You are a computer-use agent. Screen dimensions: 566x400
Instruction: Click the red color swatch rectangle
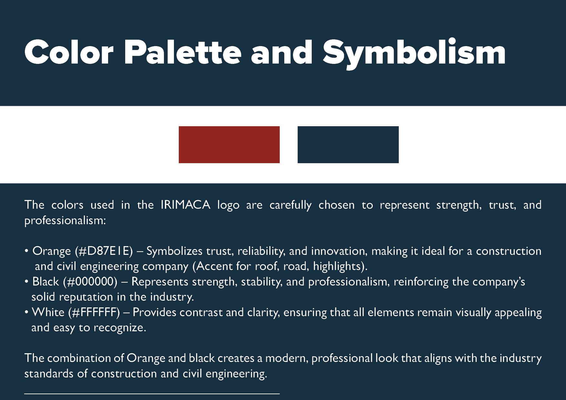pos(229,145)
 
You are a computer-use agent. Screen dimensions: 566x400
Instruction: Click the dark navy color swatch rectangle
pos(348,145)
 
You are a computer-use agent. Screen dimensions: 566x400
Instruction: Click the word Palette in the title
pos(183,52)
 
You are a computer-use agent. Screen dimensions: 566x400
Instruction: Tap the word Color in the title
pos(69,52)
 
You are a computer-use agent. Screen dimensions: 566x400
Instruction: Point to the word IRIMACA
pos(186,205)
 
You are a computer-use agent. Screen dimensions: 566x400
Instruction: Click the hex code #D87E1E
pos(104,251)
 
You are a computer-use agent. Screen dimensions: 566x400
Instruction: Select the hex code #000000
pos(90,282)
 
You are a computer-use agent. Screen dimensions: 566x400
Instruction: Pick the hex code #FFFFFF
pos(94,312)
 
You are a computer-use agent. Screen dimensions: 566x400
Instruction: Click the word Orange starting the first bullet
pos(52,251)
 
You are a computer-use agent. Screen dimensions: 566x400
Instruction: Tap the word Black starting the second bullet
pos(45,282)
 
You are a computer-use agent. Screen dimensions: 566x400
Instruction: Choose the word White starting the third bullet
pos(48,312)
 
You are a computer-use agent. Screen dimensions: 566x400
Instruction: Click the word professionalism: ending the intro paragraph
pos(65,221)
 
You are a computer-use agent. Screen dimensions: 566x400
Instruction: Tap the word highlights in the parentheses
pos(337,266)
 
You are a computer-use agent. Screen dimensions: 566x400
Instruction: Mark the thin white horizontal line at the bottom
pos(152,394)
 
